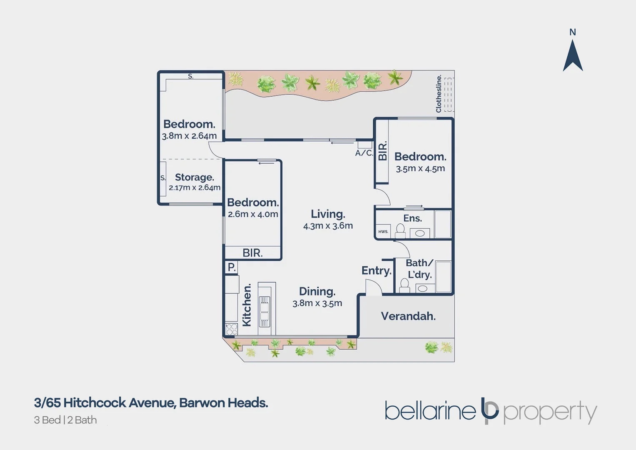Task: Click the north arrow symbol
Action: click(x=573, y=56)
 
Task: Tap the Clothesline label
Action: click(x=439, y=94)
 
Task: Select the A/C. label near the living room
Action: click(x=364, y=153)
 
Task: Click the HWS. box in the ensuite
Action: click(x=383, y=232)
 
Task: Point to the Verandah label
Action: click(x=408, y=316)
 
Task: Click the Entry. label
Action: click(x=377, y=271)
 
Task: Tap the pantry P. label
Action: click(x=232, y=267)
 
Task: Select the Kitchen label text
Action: click(x=247, y=305)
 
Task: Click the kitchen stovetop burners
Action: click(x=231, y=329)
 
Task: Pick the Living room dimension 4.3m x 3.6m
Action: click(x=328, y=226)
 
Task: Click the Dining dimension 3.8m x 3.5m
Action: click(x=317, y=303)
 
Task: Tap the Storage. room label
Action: click(x=194, y=177)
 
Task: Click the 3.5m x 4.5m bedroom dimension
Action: click(x=420, y=169)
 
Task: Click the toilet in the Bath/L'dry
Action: click(x=404, y=285)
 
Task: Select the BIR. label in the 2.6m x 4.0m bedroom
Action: click(x=252, y=253)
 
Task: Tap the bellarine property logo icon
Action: click(x=489, y=410)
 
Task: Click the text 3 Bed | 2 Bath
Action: click(x=65, y=420)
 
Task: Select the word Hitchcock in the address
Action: click(x=95, y=403)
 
